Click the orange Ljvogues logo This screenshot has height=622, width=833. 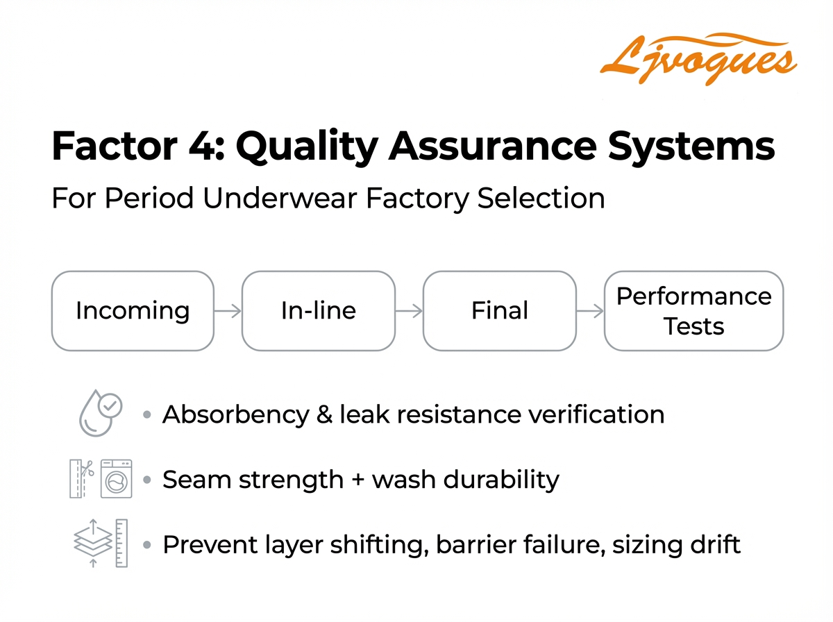pos(697,57)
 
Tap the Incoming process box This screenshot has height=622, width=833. pos(133,310)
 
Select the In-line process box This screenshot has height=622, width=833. pos(319,310)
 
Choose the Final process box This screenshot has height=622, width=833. pos(499,310)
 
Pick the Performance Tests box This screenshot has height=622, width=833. pos(693,310)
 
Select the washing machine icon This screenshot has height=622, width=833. pos(116,478)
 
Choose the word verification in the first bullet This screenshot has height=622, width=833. pos(596,414)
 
